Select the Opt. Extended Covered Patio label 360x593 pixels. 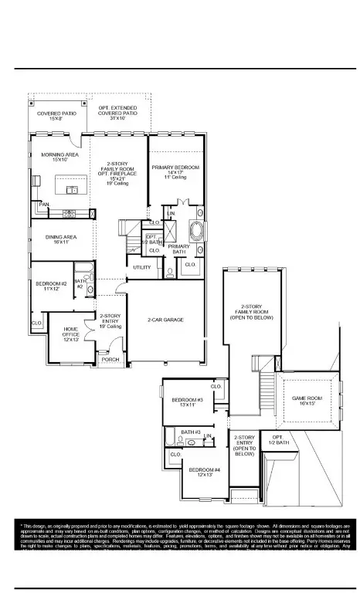click(117, 113)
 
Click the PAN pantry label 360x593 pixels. click(45, 205)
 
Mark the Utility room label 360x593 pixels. click(142, 267)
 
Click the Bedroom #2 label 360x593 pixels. click(51, 286)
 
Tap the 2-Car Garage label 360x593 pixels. click(165, 319)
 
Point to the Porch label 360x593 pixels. click(110, 359)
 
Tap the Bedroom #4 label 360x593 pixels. click(205, 472)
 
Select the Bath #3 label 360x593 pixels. click(191, 432)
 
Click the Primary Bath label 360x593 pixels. click(178, 249)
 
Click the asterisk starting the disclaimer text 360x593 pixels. click(22, 525)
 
